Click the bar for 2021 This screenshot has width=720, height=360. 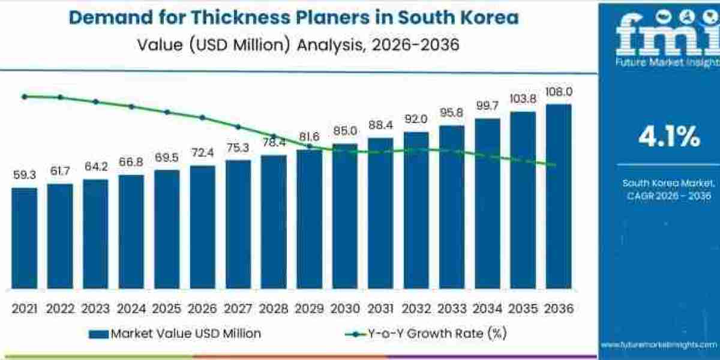tap(24, 238)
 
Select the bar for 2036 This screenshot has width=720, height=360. tap(558, 196)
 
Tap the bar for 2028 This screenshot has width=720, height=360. tap(274, 222)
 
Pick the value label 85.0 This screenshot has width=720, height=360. tap(345, 130)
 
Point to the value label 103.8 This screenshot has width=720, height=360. tap(523, 98)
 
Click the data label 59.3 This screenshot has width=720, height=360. tap(24, 175)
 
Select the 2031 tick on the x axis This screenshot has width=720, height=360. tap(380, 308)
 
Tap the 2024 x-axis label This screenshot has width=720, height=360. tap(131, 308)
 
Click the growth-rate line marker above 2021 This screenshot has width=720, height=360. tap(24, 96)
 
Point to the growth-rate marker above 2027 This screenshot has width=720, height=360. tap(238, 127)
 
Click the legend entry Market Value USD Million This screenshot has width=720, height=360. tap(174, 334)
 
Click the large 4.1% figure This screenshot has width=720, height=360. tap(669, 137)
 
